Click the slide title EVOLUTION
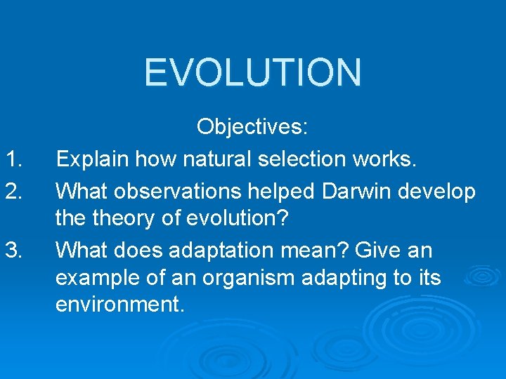tap(253, 72)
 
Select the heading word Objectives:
tap(252, 128)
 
